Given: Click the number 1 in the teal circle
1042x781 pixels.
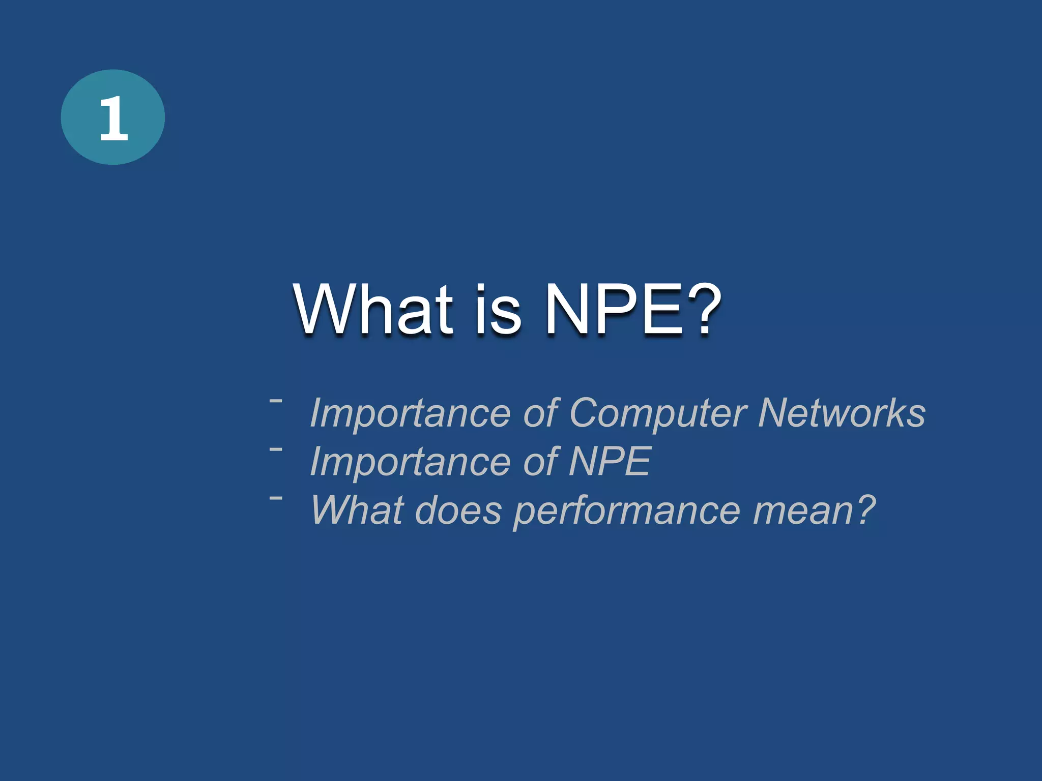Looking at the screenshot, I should tap(113, 118).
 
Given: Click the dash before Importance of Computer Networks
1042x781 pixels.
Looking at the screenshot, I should tap(276, 401).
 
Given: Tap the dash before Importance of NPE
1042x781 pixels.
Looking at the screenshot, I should tap(276, 449).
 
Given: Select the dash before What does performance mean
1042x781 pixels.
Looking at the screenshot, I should tap(276, 498).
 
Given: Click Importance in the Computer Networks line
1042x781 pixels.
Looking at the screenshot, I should tap(410, 413).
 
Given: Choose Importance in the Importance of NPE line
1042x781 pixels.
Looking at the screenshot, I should tap(410, 462).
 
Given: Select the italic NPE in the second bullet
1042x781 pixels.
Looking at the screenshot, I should tap(610, 461).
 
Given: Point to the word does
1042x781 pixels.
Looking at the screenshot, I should tap(458, 510).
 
